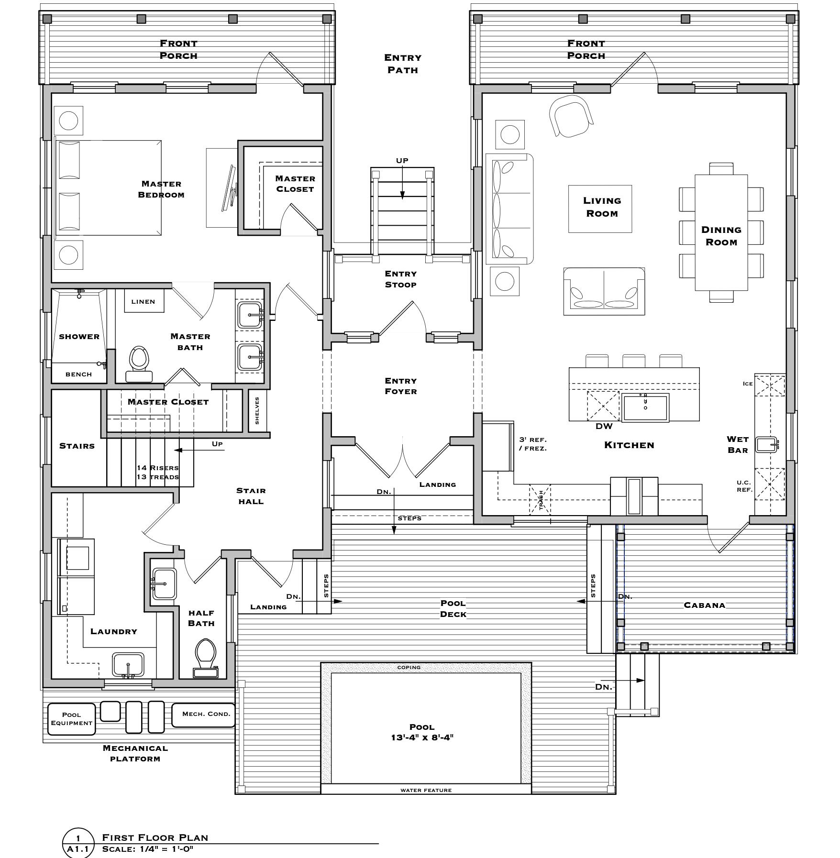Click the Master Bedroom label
(x=161, y=189)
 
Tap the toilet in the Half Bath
(x=206, y=658)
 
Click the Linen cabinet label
(x=144, y=302)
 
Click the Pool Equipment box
(x=71, y=719)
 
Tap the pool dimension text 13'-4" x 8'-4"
(x=422, y=737)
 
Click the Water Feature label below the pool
(x=426, y=790)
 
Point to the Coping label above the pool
(x=409, y=667)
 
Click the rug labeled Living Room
(x=600, y=209)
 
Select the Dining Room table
(x=721, y=233)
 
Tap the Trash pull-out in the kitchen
(x=540, y=499)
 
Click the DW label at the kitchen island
(x=604, y=426)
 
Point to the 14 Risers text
(x=157, y=468)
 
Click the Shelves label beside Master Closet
(x=257, y=410)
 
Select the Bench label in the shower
(x=78, y=374)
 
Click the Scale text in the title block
(x=147, y=849)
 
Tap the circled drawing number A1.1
(x=77, y=849)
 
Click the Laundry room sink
(x=128, y=665)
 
